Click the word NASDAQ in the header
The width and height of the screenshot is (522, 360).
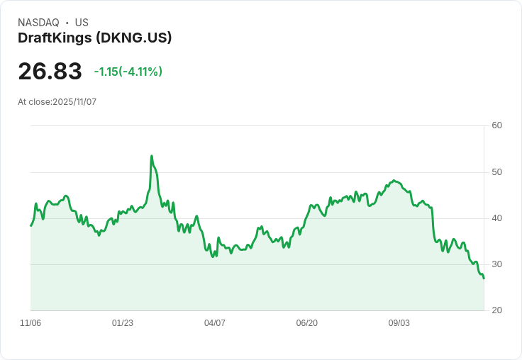(38, 23)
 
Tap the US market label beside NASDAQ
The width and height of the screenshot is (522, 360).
(82, 23)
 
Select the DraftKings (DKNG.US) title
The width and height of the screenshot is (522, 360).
(95, 38)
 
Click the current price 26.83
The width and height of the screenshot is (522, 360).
(50, 71)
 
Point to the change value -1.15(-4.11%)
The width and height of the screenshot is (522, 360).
(128, 72)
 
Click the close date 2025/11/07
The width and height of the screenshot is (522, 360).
(74, 102)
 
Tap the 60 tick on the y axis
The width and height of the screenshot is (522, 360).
(497, 126)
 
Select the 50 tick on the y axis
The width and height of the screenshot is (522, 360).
(497, 172)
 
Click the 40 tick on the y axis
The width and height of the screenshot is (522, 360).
(497, 218)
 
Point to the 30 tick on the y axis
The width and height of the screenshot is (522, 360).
(497, 264)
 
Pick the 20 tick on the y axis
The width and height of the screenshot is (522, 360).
(497, 310)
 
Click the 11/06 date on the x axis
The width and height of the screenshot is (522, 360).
(30, 323)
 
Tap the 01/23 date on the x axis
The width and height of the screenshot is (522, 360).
(123, 323)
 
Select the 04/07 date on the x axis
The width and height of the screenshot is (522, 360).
(215, 323)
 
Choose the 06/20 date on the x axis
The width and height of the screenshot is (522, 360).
(307, 323)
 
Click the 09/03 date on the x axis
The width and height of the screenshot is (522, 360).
(399, 323)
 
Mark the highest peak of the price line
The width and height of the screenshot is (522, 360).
(152, 156)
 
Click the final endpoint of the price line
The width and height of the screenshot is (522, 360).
(484, 279)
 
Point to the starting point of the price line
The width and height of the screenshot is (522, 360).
(30, 225)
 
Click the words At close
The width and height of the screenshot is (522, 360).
(34, 102)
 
